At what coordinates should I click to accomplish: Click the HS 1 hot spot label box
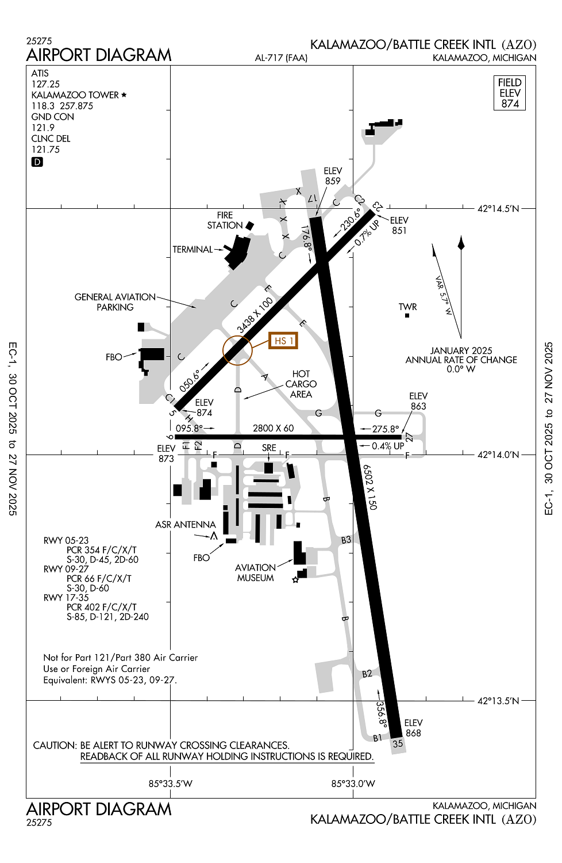(284, 341)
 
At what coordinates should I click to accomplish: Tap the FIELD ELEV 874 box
(510, 93)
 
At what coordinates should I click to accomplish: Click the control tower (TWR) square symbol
(407, 315)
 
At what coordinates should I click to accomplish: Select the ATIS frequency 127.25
(45, 84)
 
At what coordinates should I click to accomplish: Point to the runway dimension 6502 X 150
(370, 487)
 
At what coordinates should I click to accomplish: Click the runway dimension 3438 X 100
(255, 315)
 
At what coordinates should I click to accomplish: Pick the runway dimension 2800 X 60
(273, 428)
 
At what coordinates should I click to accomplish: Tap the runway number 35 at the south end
(398, 743)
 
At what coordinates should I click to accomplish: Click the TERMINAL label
(193, 250)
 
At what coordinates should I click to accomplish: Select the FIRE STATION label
(225, 220)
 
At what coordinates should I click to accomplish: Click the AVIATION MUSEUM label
(255, 572)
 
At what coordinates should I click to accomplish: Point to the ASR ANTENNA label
(185, 525)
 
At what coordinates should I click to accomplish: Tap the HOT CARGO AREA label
(301, 384)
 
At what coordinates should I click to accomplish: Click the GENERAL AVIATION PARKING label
(115, 302)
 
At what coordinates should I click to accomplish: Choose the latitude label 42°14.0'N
(498, 455)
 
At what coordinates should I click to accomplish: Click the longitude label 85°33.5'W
(170, 784)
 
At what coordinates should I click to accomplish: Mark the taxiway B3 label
(346, 540)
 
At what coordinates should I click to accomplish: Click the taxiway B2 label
(367, 674)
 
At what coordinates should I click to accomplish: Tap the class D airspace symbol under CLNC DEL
(37, 162)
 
